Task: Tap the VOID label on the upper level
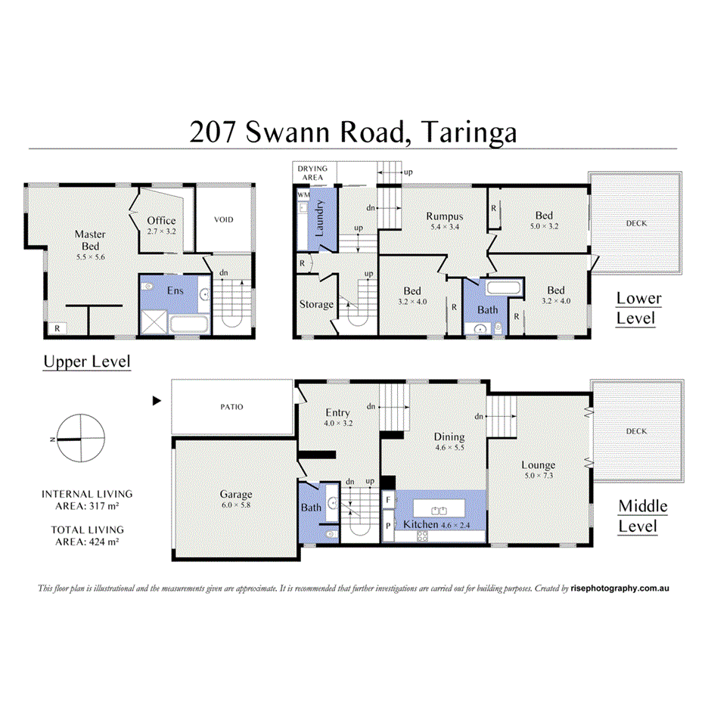(x=223, y=220)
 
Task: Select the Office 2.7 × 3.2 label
(x=161, y=225)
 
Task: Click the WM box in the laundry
(x=303, y=195)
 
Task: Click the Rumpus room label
(x=444, y=221)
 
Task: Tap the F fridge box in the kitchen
(x=388, y=500)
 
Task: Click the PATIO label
(x=232, y=406)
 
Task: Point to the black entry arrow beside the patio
(x=157, y=401)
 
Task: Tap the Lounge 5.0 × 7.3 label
(x=538, y=471)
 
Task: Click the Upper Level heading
(x=86, y=362)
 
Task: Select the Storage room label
(x=316, y=304)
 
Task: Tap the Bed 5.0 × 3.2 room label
(x=543, y=221)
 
